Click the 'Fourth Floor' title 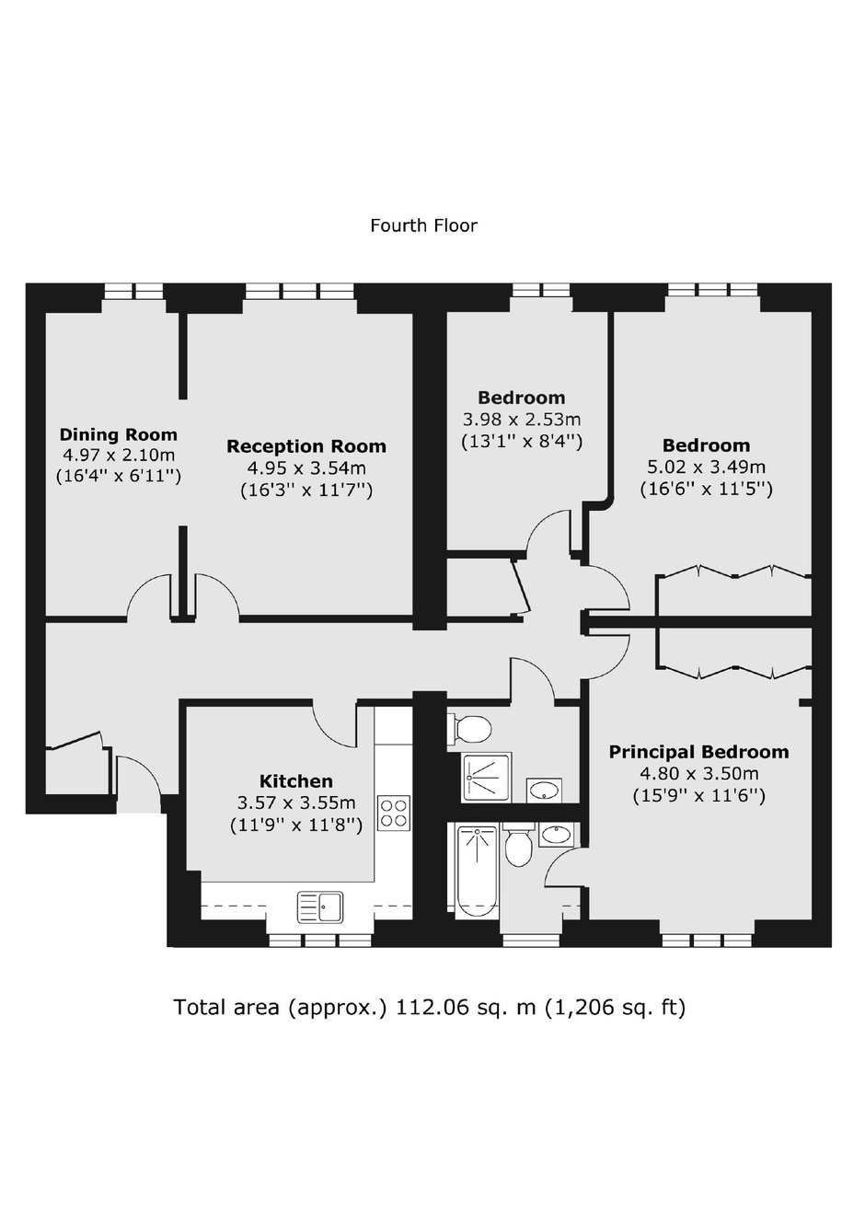coord(423,225)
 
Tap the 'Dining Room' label coord(118,434)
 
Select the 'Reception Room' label coord(306,446)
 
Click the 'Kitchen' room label coord(295,780)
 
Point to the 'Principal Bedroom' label coord(698,752)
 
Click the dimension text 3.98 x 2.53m coord(522,420)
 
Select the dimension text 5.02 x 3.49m coord(706,468)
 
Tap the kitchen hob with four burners coord(394,813)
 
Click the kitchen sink coord(320,907)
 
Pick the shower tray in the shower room coord(488,778)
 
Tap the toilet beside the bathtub coord(518,846)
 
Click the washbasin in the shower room coord(544,791)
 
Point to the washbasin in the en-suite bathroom coord(556,835)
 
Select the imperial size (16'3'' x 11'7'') coord(306,491)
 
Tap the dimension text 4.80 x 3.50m coord(698,774)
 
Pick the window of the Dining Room coord(133,291)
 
